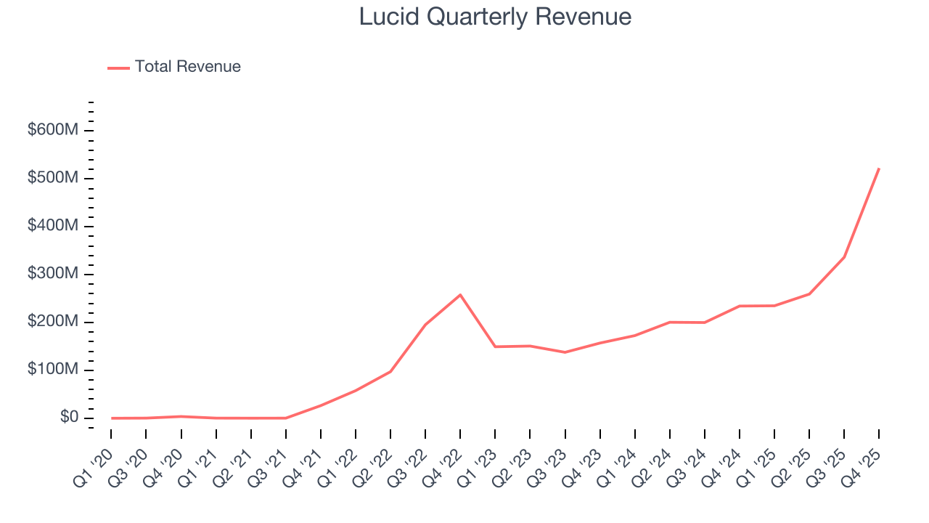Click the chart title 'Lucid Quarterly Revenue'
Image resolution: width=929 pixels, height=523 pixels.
tap(495, 17)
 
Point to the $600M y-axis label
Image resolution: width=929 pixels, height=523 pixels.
tap(53, 130)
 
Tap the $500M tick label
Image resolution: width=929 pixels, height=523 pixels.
tap(53, 178)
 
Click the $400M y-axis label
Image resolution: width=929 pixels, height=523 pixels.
tap(53, 226)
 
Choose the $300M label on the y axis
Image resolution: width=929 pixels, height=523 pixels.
tap(53, 274)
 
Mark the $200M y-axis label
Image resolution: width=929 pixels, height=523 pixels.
tap(53, 322)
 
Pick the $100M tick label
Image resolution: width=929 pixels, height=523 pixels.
tap(53, 370)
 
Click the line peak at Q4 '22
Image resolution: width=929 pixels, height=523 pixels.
tap(460, 295)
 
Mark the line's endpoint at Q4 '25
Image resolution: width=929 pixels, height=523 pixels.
tap(879, 169)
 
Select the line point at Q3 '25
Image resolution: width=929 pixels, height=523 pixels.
tap(844, 257)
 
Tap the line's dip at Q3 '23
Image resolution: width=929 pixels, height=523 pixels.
tap(565, 352)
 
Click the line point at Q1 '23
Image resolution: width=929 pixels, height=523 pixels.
tap(495, 346)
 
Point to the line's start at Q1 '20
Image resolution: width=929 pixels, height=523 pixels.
tap(112, 418)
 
